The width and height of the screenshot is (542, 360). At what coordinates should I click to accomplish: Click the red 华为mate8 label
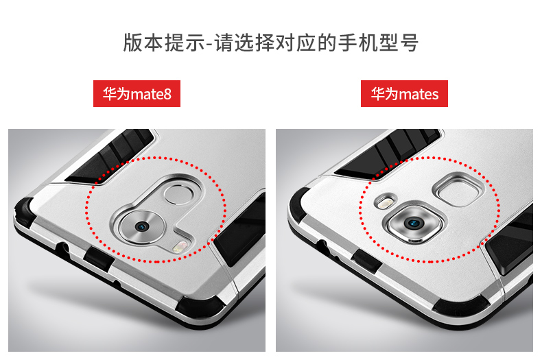137,94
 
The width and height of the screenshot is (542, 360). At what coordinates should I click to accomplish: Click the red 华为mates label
404,94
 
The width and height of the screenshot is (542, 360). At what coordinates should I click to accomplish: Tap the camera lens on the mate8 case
142,227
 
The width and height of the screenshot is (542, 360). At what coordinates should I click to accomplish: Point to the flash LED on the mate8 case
180,247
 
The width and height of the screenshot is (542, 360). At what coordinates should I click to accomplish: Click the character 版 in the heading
132,43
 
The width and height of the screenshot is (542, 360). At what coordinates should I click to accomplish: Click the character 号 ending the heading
410,43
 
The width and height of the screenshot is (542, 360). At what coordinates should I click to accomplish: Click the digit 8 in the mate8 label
167,95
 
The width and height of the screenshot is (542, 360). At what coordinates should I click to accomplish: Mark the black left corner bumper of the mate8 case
24,211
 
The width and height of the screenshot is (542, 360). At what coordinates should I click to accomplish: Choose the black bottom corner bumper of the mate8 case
200,307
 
